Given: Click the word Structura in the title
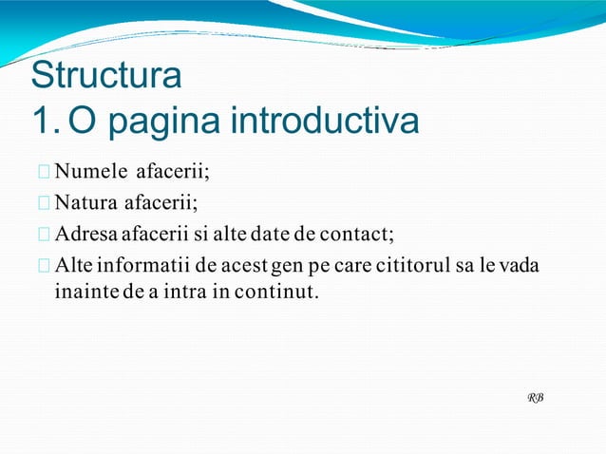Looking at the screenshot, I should tap(104, 75).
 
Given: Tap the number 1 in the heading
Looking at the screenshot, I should tap(41, 121).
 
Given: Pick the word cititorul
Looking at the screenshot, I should tap(436, 263).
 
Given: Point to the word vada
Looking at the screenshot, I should tap(520, 263).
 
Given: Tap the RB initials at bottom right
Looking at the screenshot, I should tap(536, 396).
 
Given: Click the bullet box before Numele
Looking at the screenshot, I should tap(45, 173).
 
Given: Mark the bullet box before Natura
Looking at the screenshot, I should tap(45, 203).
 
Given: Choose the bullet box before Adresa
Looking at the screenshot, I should tap(45, 234).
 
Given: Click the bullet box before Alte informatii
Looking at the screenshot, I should tap(45, 264).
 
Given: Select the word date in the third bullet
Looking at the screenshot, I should tap(267, 233).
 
